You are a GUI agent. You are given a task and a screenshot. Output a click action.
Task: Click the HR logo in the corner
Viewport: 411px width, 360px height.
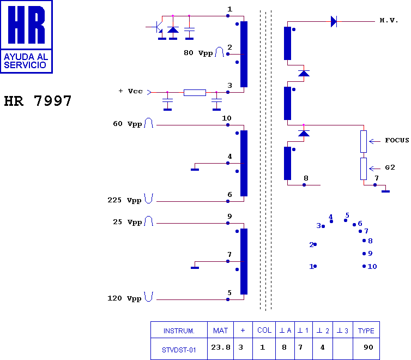coord(27,37)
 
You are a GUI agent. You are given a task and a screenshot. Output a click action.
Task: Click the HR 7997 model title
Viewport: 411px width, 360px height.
coord(38,101)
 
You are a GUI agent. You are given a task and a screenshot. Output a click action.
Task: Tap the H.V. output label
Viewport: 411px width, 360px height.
coord(389,21)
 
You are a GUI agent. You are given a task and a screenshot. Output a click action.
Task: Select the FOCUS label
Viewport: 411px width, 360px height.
coord(396,140)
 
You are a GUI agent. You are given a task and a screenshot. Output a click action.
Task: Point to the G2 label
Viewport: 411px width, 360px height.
coord(390,167)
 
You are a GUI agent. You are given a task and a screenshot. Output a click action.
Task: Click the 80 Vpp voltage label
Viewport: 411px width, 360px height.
coord(198,53)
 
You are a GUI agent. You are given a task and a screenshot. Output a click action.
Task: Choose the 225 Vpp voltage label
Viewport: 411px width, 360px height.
coord(124,200)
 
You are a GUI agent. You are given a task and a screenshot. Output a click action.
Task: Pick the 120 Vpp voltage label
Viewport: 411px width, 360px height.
coord(124,298)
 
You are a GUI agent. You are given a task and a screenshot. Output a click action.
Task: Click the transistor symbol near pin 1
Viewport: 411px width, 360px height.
coord(157,26)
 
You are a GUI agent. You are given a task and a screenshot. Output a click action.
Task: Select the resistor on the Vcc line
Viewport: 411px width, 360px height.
coord(195,93)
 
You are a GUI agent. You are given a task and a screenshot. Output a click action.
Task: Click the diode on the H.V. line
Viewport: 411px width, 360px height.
coord(334,22)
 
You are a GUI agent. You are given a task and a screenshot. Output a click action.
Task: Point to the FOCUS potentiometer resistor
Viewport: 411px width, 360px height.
coord(364,141)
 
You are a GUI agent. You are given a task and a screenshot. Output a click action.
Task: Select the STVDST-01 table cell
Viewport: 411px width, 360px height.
coord(179,349)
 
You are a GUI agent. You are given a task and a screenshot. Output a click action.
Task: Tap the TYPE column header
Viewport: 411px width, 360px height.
coord(366,331)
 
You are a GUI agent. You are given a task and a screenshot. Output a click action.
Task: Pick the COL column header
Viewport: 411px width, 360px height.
coord(264,331)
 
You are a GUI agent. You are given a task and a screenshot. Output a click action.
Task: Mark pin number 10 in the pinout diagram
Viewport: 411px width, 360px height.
coord(372,267)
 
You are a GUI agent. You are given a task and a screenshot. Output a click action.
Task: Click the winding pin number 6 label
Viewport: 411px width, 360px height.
coord(229,195)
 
